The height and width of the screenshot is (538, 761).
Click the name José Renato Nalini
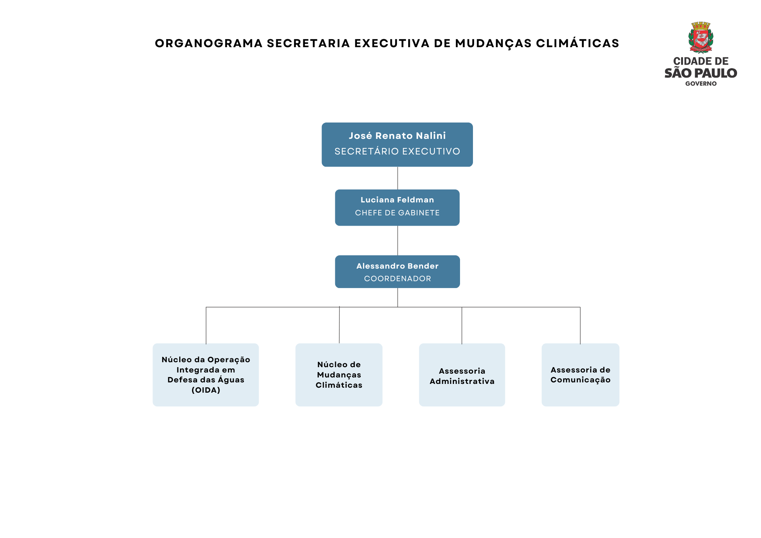(397, 136)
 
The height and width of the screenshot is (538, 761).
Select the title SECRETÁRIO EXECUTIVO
(397, 151)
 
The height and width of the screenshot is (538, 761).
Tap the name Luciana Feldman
(397, 200)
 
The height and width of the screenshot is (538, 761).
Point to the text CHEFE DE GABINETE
(397, 213)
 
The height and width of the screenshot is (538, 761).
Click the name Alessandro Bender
(397, 266)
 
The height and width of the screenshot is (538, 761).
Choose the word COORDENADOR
(397, 279)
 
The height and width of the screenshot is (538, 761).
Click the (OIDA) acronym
(206, 390)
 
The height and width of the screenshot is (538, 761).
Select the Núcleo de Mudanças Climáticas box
(339, 375)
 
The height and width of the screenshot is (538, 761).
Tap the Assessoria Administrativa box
(462, 375)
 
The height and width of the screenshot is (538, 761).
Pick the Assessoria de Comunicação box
(580, 375)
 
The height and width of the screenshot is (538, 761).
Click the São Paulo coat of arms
(701, 37)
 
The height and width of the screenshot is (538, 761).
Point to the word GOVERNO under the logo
(701, 84)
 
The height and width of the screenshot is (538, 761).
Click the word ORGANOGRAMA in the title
(209, 43)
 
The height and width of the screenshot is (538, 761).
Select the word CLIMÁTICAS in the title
(578, 43)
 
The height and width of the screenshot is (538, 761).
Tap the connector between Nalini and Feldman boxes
(398, 178)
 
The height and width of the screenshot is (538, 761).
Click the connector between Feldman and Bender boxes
(398, 240)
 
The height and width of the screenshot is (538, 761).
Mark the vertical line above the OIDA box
(206, 325)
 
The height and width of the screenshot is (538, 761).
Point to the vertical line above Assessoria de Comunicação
(580, 325)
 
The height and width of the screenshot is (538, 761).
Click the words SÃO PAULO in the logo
(701, 73)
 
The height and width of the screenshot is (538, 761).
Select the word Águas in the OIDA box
(231, 379)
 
